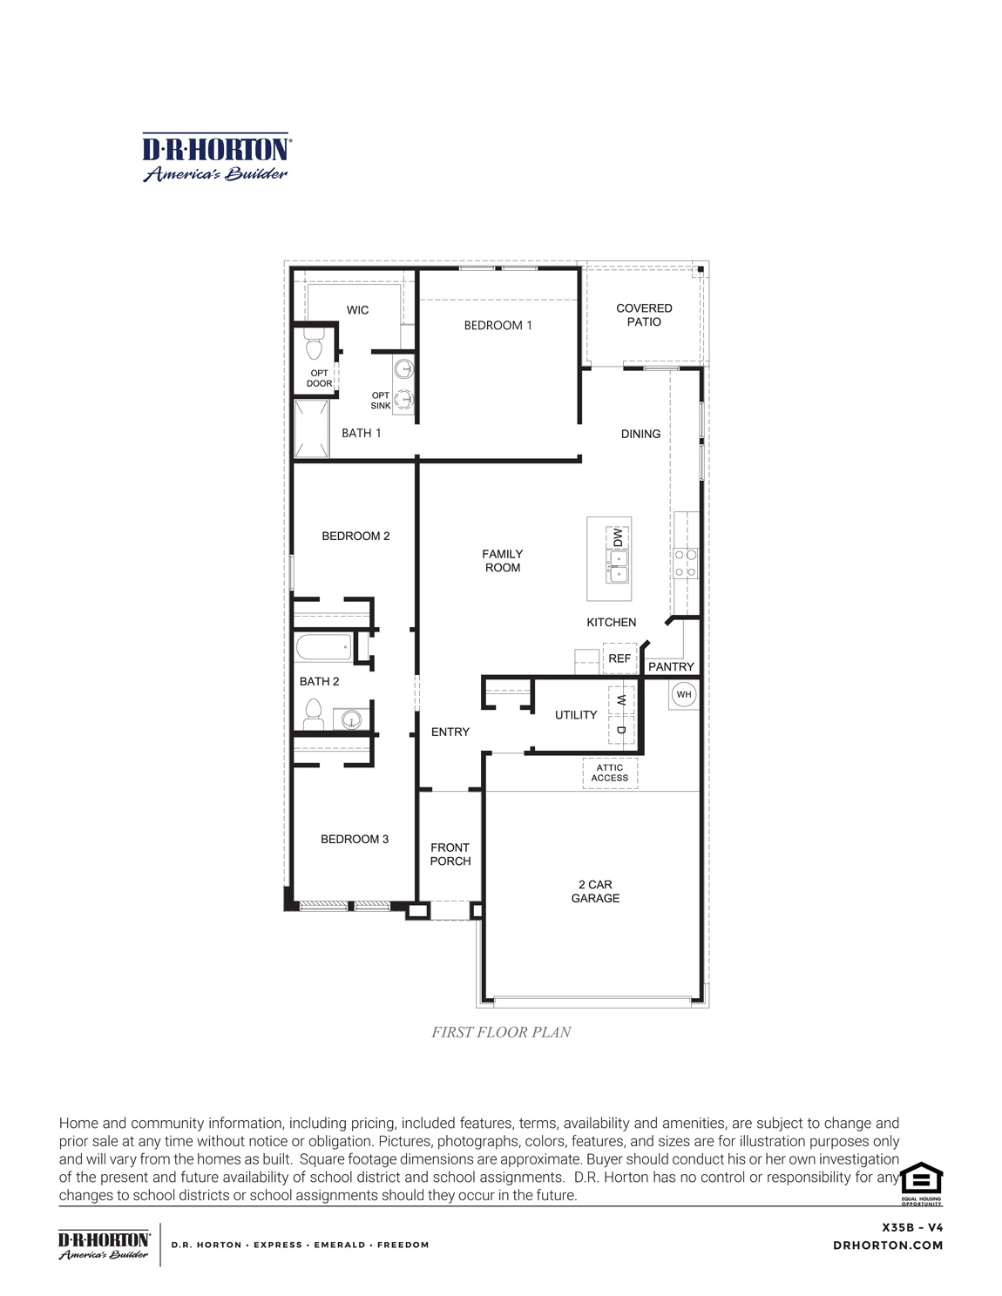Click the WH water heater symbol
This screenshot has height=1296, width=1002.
pyautogui.click(x=684, y=694)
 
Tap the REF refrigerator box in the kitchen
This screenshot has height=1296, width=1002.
pyautogui.click(x=619, y=658)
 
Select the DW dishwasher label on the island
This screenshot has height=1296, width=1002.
pyautogui.click(x=618, y=537)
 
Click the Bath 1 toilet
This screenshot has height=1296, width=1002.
pyautogui.click(x=315, y=348)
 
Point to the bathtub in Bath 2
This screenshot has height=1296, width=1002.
pyautogui.click(x=323, y=647)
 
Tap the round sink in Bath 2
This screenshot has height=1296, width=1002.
pyautogui.click(x=350, y=719)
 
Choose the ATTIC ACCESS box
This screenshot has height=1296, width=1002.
pyautogui.click(x=610, y=773)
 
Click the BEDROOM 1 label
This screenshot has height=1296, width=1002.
pyautogui.click(x=498, y=325)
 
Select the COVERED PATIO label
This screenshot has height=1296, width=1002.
pyautogui.click(x=644, y=314)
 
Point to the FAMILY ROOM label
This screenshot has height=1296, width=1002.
pyautogui.click(x=503, y=560)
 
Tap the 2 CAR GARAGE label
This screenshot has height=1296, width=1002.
pyautogui.click(x=595, y=891)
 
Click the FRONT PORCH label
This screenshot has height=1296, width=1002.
pyautogui.click(x=450, y=854)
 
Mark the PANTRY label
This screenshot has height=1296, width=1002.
pyautogui.click(x=671, y=666)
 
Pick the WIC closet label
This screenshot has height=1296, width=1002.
pyautogui.click(x=358, y=310)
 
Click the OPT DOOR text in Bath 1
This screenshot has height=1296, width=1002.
pyautogui.click(x=319, y=378)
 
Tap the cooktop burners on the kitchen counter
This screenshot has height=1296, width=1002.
pyautogui.click(x=685, y=562)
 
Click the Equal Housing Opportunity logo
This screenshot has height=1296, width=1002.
pyautogui.click(x=921, y=1182)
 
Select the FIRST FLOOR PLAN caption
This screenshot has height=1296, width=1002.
pyautogui.click(x=501, y=1032)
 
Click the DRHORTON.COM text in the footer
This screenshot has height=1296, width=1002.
pyautogui.click(x=888, y=1245)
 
